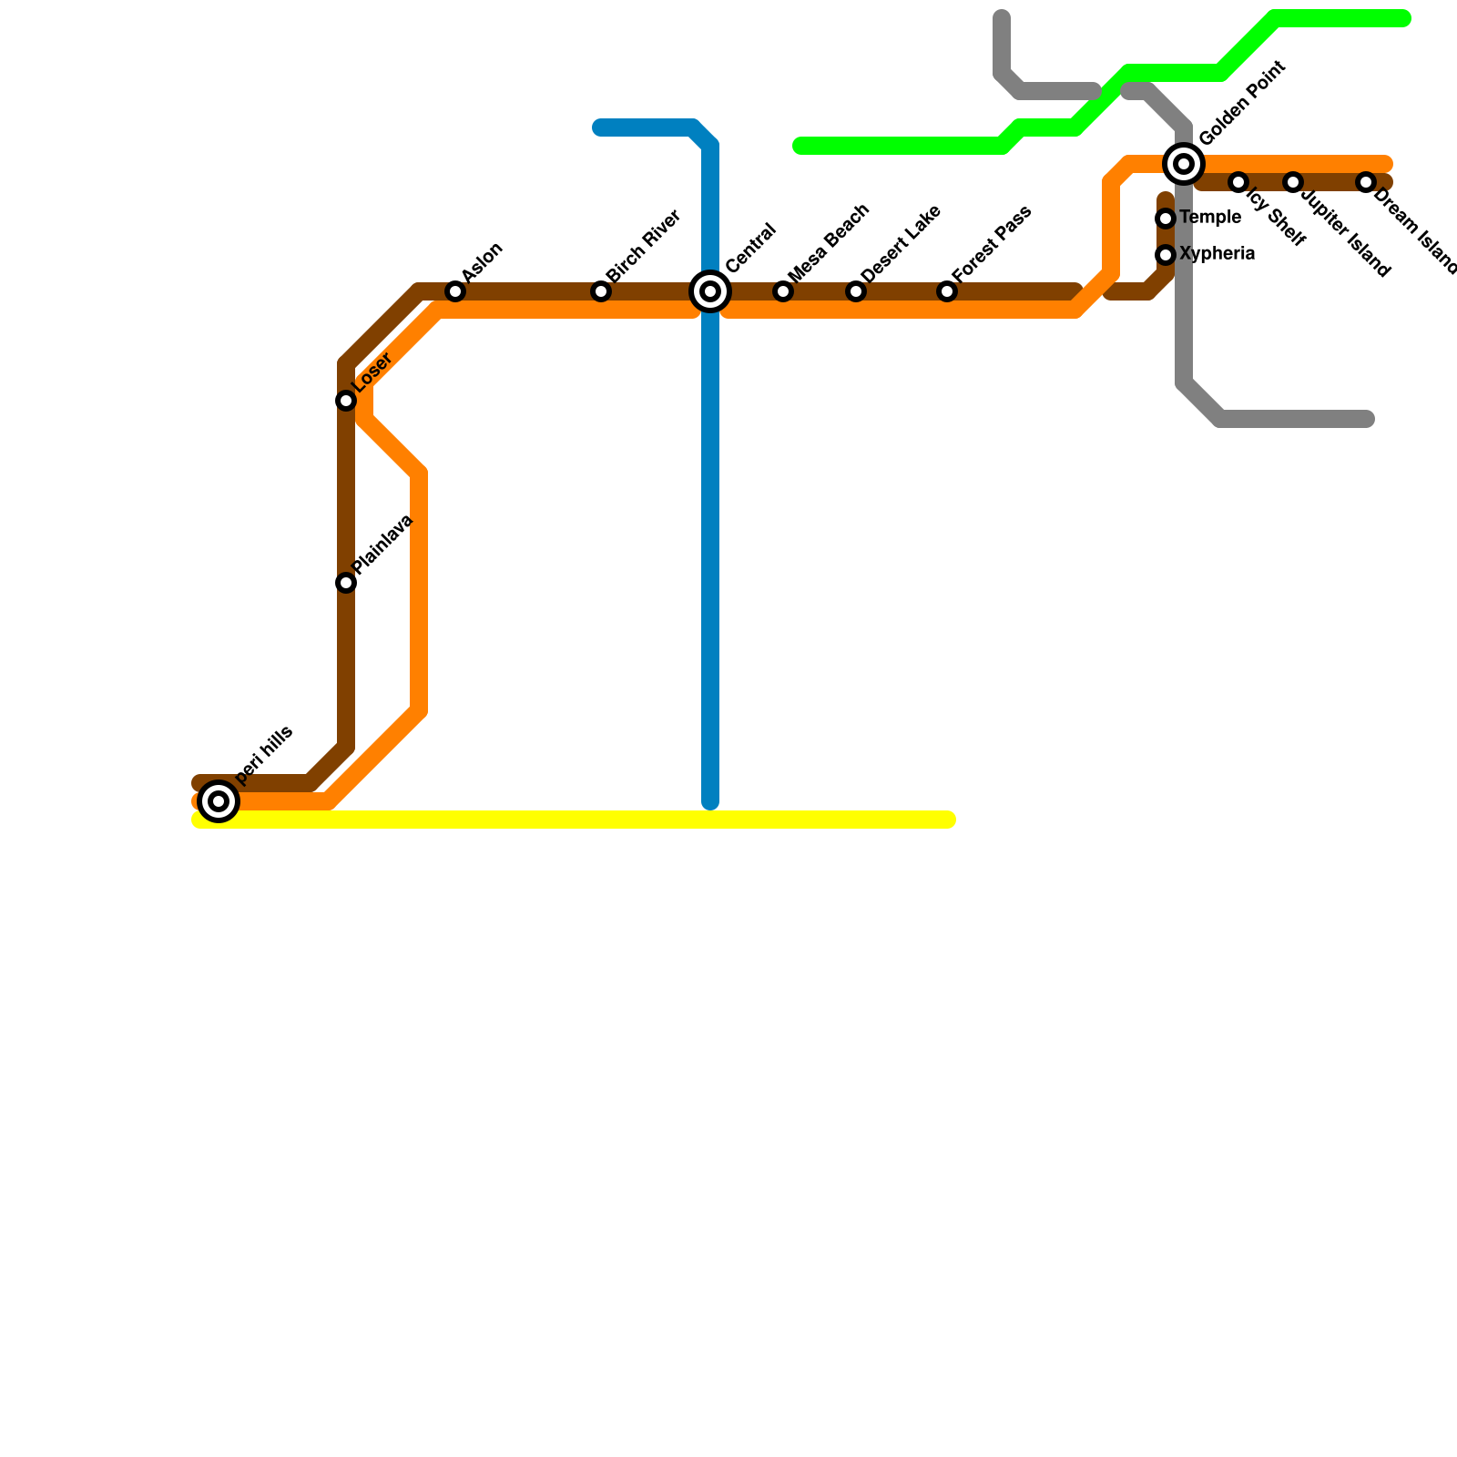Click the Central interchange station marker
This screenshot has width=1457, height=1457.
(x=710, y=291)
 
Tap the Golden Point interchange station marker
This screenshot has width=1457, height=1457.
(x=1184, y=164)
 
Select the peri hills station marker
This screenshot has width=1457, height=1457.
(x=219, y=801)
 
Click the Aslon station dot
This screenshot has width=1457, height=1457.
(x=455, y=291)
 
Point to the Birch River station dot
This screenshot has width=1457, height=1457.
(x=601, y=291)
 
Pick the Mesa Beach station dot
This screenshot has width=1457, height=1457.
(x=783, y=291)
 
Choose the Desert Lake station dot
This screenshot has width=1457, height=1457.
(x=856, y=291)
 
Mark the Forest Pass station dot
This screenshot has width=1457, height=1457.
(x=947, y=291)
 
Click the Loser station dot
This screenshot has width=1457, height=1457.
(x=346, y=401)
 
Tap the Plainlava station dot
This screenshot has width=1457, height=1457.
(x=346, y=583)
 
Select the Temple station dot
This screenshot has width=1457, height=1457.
(x=1166, y=219)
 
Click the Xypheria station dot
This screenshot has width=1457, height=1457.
(x=1166, y=255)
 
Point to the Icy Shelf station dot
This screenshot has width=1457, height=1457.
(x=1238, y=182)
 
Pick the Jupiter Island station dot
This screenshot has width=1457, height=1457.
(x=1293, y=182)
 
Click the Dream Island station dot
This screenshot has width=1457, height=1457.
(x=1366, y=182)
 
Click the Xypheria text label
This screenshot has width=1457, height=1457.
(x=1217, y=254)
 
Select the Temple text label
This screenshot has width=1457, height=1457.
(x=1209, y=218)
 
